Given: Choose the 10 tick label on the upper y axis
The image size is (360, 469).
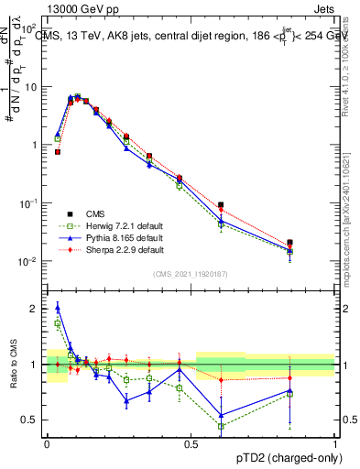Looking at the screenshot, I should [x=31, y=87].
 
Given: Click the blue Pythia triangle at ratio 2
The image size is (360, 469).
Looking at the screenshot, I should [x=58, y=307].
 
